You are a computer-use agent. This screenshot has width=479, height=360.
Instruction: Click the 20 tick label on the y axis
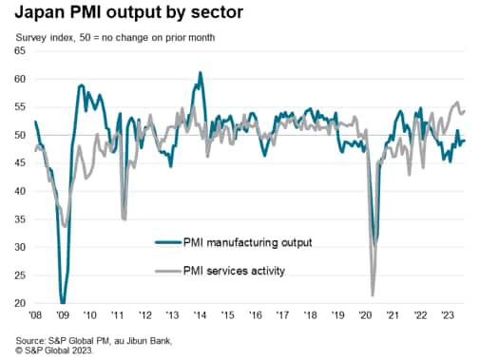(x=19, y=304)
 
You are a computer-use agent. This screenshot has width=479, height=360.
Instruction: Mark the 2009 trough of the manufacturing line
(x=63, y=302)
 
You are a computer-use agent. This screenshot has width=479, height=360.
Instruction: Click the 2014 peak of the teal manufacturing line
(x=200, y=73)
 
